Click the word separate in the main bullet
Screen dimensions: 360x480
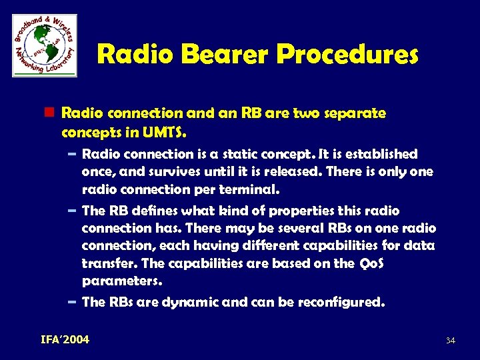pyautogui.click(x=353, y=113)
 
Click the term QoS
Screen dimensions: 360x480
pyautogui.click(x=371, y=263)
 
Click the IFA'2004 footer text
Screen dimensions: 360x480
pyautogui.click(x=61, y=340)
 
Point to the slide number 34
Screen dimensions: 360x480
pyautogui.click(x=450, y=341)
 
